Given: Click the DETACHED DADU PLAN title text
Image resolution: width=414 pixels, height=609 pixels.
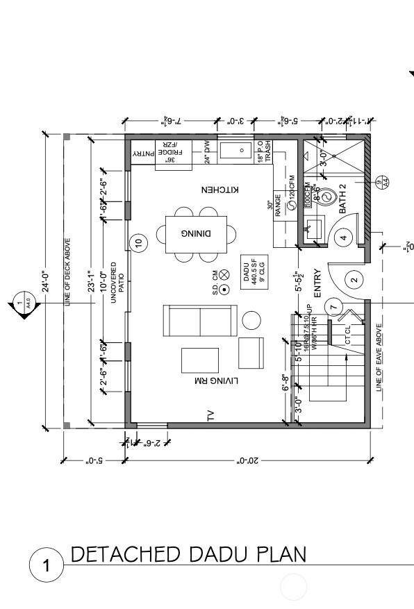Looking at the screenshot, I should pos(188,554).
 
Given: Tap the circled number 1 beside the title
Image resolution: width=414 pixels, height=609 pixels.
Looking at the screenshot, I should pos(47,566).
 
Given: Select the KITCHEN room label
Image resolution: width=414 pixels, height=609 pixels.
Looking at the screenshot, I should pos(220,190).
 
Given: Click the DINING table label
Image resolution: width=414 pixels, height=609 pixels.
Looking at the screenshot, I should pos(196,233).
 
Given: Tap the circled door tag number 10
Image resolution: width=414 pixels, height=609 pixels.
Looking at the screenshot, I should pos(138,242).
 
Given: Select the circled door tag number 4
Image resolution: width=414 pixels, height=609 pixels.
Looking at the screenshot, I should pos(342,237).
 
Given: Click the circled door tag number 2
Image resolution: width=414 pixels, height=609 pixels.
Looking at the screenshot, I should pos(354,280).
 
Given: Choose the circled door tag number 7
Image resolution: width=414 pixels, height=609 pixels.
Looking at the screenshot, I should pos(333,307).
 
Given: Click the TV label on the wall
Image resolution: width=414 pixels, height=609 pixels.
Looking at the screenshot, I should pos(210,416).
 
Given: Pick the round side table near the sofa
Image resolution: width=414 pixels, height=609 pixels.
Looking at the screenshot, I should pos(251,320).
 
